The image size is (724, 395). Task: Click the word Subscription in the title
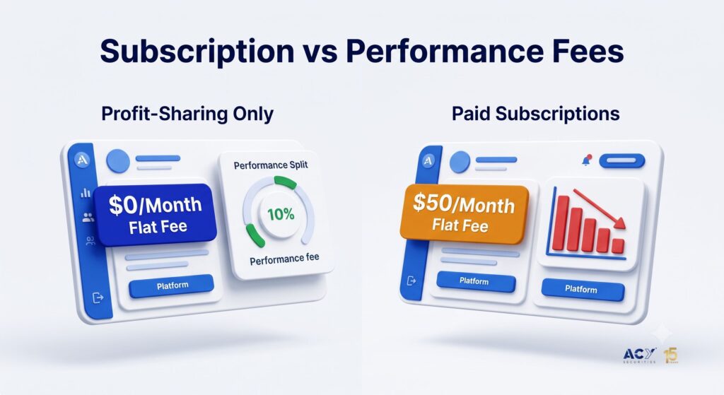click(197, 51)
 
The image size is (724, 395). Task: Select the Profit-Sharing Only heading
click(187, 114)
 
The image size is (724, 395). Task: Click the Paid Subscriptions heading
click(536, 114)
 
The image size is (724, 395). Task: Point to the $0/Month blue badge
click(155, 214)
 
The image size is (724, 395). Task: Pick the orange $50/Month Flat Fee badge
click(464, 213)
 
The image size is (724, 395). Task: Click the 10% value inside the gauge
click(280, 214)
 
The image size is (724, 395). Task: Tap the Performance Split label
click(271, 165)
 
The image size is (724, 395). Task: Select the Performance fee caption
click(284, 259)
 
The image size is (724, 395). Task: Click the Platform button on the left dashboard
click(172, 286)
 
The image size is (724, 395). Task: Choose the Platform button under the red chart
click(583, 289)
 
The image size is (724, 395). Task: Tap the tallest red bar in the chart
click(562, 223)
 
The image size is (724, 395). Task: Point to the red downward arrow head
click(619, 223)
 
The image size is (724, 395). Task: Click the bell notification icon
click(586, 160)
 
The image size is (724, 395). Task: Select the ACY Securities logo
click(639, 355)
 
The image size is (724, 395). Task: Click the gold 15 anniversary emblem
click(671, 355)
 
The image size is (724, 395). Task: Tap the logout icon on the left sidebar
click(98, 297)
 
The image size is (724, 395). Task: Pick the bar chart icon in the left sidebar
click(86, 192)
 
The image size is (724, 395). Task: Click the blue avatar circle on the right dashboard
click(460, 162)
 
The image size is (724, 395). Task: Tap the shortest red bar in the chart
click(618, 246)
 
